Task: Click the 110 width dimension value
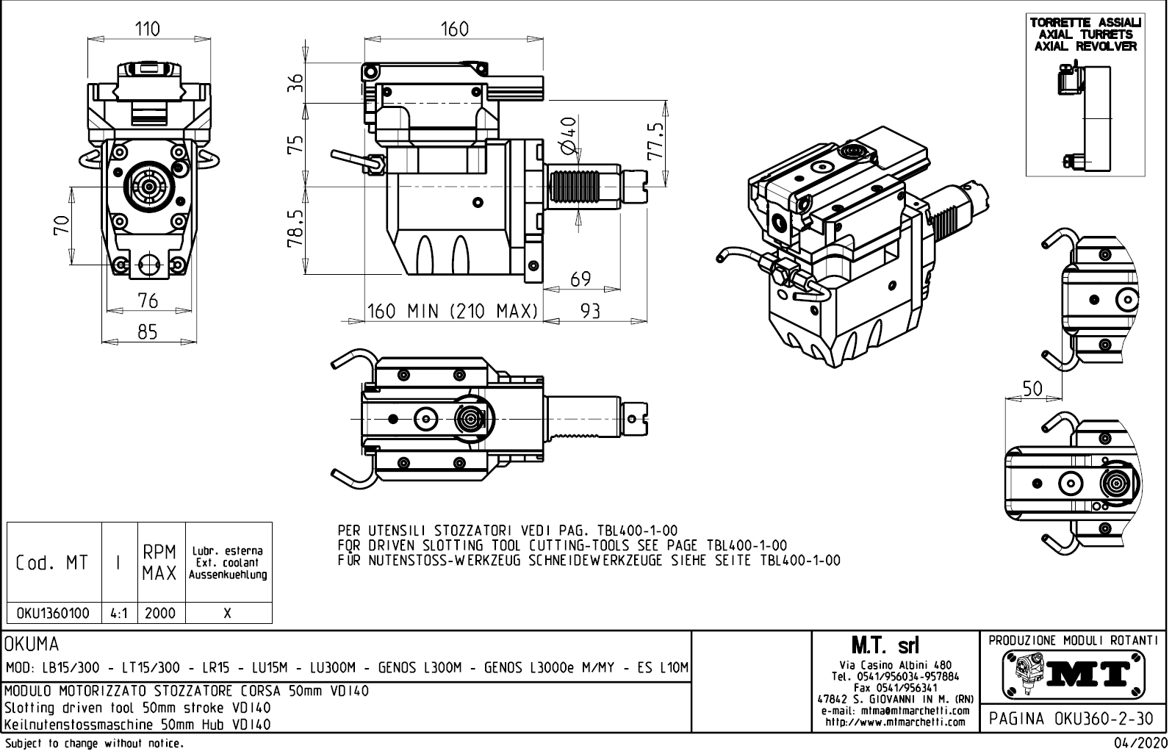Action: point(148,29)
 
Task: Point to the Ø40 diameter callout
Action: point(568,136)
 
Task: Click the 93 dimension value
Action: point(590,311)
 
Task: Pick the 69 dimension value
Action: point(580,279)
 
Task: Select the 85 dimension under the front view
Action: point(148,332)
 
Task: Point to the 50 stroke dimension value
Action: point(1032,389)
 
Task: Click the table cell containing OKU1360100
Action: point(54,613)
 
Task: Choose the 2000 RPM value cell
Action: point(160,613)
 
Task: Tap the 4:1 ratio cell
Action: point(119,613)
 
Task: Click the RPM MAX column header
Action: point(160,563)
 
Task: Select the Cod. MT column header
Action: point(52,563)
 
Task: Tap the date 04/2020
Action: point(1139,744)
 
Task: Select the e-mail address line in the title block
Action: point(895,711)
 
